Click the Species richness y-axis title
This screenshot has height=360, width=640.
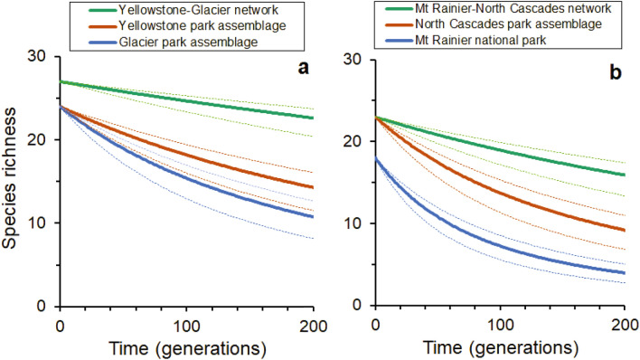click(x=11, y=184)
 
